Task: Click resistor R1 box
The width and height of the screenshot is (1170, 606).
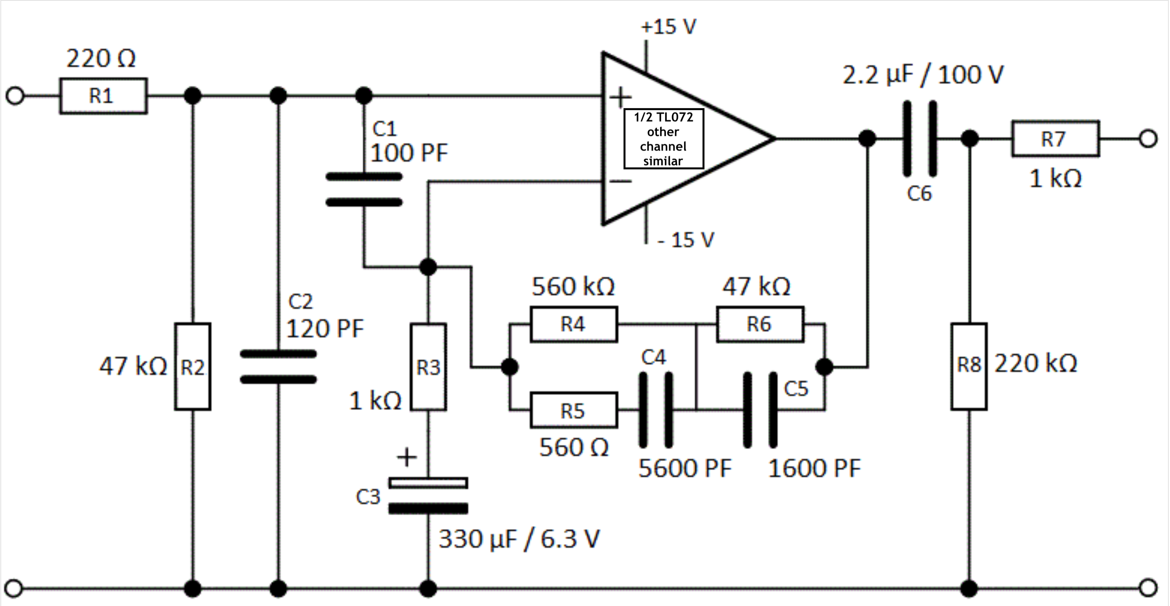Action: point(103,96)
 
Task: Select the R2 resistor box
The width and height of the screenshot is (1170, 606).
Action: point(193,367)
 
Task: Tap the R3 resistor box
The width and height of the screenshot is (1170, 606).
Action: point(428,367)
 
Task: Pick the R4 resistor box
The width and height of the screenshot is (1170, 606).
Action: point(574,324)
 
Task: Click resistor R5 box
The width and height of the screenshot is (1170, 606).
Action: point(574,410)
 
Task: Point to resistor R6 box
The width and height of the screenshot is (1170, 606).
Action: point(760,324)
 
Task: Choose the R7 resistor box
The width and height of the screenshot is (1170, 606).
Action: point(1055,139)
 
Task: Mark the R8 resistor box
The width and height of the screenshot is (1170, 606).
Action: point(969,367)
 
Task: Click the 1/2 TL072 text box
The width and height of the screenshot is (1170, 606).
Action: point(664,139)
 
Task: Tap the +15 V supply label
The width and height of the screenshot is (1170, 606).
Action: point(668,27)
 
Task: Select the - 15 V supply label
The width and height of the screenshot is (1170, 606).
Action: point(686,240)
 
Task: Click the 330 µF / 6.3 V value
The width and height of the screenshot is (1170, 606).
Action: point(519,539)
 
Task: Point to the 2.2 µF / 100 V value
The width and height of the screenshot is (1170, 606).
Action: point(923,75)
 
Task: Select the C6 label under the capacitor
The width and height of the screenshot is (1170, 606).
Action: point(919,194)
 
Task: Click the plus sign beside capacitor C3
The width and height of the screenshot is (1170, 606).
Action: point(406,457)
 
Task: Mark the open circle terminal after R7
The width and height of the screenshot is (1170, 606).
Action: point(1148,139)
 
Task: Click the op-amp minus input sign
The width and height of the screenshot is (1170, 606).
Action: point(620,181)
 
